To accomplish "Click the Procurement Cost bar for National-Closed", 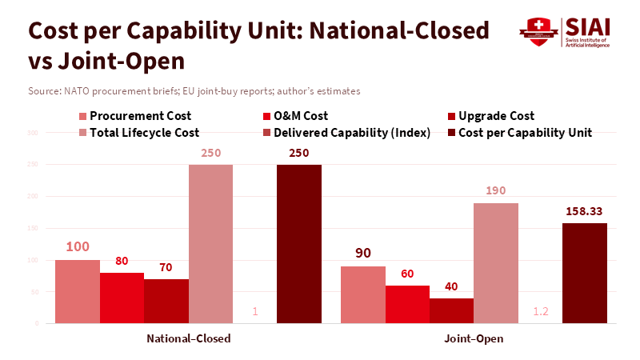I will (x=78, y=291).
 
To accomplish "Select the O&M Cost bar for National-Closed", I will (x=122, y=298).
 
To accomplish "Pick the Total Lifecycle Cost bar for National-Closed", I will (x=210, y=244).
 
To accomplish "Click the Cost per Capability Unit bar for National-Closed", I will (x=299, y=244).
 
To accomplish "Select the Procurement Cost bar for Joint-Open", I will (x=363, y=294).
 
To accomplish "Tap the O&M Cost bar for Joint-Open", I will (x=407, y=304).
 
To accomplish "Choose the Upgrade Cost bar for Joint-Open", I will (x=451, y=310).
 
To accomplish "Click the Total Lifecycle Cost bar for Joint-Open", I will (x=496, y=263).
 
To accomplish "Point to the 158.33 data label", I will (x=585, y=212).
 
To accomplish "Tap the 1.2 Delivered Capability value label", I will (x=540, y=311).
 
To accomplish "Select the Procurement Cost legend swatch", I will (x=82, y=116).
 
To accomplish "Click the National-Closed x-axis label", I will (x=189, y=338).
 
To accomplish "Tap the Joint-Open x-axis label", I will (x=474, y=338).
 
